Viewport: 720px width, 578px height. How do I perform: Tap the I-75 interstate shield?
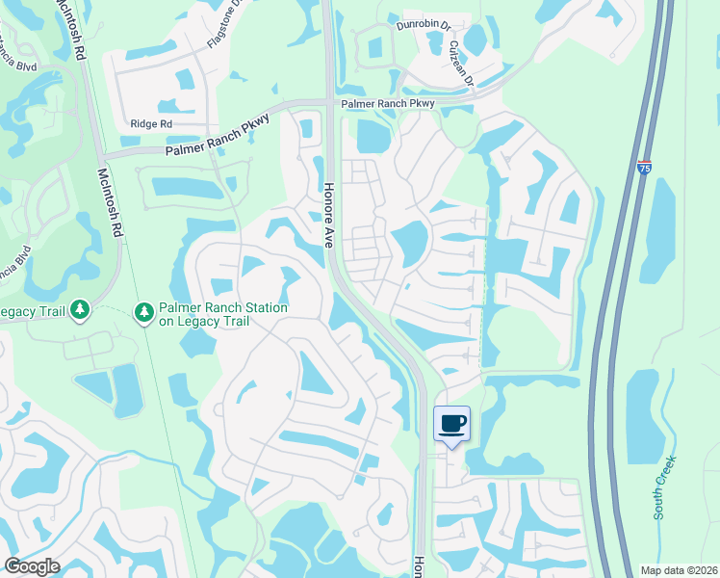[644, 168]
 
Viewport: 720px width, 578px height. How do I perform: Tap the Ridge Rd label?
[151, 123]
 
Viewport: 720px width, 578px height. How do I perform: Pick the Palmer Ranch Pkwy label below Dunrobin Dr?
[385, 103]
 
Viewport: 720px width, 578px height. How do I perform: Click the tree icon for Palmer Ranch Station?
[144, 311]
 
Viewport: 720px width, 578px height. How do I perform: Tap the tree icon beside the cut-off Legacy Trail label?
[81, 309]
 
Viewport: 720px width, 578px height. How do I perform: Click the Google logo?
[32, 566]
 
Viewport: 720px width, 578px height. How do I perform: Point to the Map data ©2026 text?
[678, 569]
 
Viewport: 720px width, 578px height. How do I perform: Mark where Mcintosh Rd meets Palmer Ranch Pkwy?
[98, 155]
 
